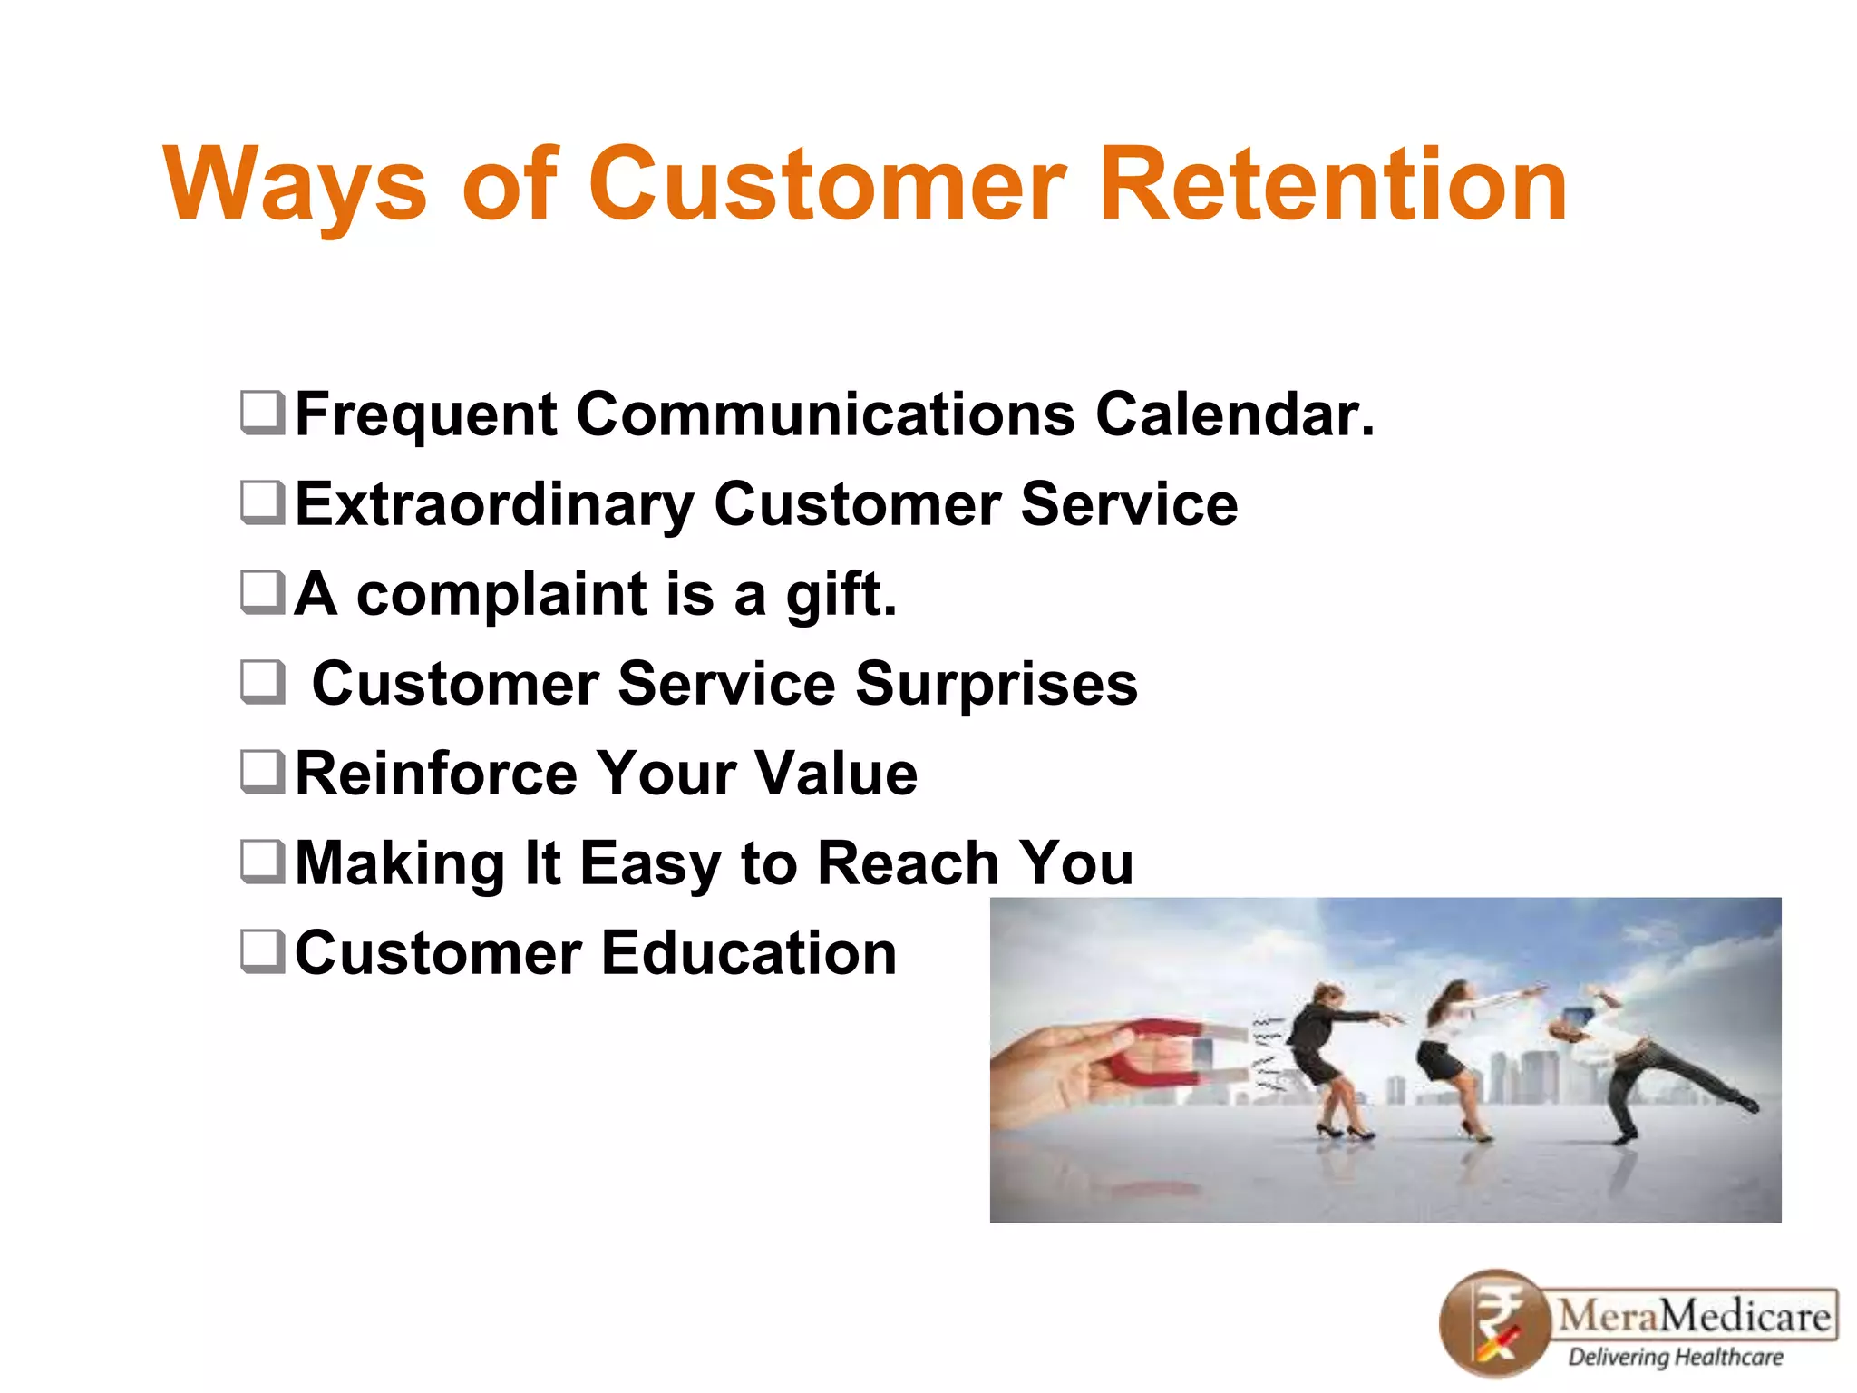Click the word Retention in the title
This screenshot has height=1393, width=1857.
tap(1333, 186)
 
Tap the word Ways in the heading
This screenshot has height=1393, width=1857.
tap(295, 186)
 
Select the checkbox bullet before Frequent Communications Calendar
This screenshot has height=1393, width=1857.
tap(263, 413)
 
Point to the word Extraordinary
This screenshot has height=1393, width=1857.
tap(494, 505)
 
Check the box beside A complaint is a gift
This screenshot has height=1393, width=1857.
tap(263, 592)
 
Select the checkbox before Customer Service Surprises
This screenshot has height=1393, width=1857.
tap(263, 682)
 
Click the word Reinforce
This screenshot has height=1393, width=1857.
tap(435, 774)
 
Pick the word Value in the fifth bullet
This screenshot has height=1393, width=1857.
tap(836, 774)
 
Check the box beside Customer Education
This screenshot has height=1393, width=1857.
tap(263, 951)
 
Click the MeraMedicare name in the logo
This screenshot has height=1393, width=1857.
tap(1694, 1314)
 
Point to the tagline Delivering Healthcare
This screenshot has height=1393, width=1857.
tap(1676, 1358)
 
